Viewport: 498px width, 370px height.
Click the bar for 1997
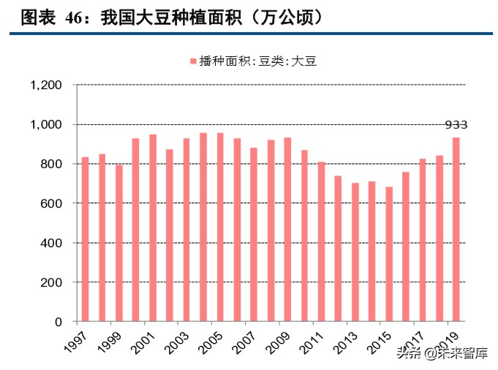coord(86,239)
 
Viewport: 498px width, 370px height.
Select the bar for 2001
coord(153,228)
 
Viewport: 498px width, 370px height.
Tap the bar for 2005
coord(220,227)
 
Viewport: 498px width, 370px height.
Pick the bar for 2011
coord(321,241)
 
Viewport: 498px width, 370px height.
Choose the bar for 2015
coord(389,254)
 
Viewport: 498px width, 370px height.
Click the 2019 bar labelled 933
coord(456,230)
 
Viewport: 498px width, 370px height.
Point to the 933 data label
coord(456,125)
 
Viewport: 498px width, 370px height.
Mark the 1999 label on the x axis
coord(108,341)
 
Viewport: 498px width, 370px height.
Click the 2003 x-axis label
coord(176,341)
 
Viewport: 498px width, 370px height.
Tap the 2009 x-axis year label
coord(276,341)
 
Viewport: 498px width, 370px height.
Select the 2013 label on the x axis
coord(344,341)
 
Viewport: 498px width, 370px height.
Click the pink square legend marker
coord(193,62)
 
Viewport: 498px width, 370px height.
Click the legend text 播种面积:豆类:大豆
coord(257,62)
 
